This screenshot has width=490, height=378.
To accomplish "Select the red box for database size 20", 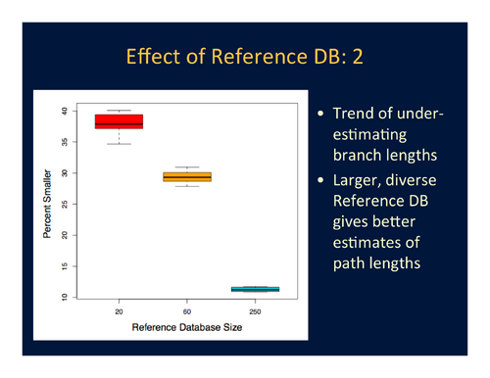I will pos(119,121).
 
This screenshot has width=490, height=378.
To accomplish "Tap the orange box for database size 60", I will pos(186,176).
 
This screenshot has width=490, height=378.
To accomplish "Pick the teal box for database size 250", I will pos(254,289).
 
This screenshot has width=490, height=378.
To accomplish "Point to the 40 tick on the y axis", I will pos(65,111).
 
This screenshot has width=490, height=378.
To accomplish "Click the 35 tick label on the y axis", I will pos(65,142).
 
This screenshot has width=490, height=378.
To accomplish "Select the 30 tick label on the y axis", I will pos(65,173).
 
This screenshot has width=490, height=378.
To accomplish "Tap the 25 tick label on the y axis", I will pos(65,204).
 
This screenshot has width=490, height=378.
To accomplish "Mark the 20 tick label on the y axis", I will pos(65,235).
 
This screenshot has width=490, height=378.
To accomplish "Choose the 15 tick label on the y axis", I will pos(65,266).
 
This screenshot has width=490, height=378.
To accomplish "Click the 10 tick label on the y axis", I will pos(65,297).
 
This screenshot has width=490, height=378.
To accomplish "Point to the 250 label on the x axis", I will pos(254,312).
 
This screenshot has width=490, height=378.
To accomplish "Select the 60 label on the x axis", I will pos(186,312).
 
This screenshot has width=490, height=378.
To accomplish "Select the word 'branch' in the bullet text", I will pos(359,157).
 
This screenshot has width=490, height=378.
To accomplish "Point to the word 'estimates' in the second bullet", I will pos(369,246).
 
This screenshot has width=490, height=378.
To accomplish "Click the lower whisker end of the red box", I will pos(119,144).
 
